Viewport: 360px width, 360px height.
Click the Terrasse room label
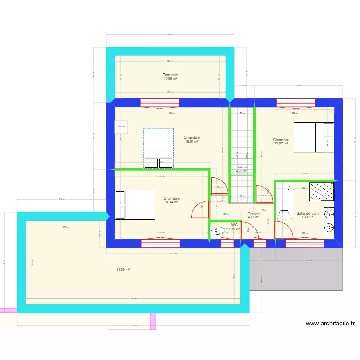pyautogui.click(x=170, y=75)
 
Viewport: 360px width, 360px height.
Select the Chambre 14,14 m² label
pyautogui.click(x=171, y=199)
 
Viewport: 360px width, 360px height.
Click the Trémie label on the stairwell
pyautogui.click(x=241, y=167)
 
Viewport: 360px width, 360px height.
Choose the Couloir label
pyautogui.click(x=253, y=214)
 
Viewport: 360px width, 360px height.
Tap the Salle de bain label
pyautogui.click(x=307, y=213)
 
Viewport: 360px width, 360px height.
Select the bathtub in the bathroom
pyautogui.click(x=285, y=201)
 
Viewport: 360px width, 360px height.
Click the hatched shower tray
pyautogui.click(x=322, y=192)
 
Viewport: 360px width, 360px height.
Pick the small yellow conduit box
pyautogui.click(x=120, y=127)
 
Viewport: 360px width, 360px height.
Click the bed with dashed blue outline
pyautogui.click(x=158, y=148)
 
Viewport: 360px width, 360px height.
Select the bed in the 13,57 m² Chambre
pyautogui.click(x=313, y=137)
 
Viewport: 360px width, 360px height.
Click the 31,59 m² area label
pyautogui.click(x=123, y=269)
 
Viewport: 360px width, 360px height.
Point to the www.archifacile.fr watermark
pyautogui.click(x=330, y=324)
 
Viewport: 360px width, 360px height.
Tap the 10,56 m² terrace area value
pyautogui.click(x=170, y=79)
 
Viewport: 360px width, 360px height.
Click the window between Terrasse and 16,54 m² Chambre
pyautogui.click(x=159, y=102)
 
